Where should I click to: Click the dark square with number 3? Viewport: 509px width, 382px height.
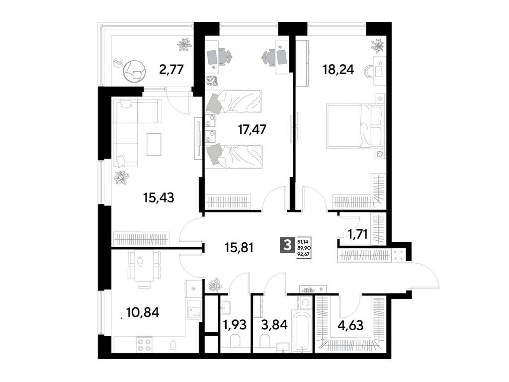pos(286,245)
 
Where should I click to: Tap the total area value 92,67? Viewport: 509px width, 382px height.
pos(304,253)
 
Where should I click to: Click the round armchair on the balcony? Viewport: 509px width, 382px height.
pos(135,71)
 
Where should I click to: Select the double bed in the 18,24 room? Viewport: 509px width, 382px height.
pos(355,126)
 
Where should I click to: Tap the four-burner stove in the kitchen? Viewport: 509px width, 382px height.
pos(144,345)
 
